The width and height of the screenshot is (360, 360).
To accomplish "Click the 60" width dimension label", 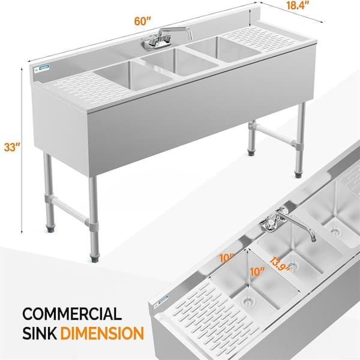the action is [143, 22].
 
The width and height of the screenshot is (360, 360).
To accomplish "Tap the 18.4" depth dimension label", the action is [298, 6].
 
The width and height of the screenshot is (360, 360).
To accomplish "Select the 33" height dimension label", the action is [13, 147].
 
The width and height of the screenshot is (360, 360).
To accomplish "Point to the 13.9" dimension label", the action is [280, 264].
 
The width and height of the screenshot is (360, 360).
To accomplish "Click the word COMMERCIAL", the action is [72, 314].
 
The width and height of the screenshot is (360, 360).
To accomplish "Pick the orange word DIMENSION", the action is [102, 333].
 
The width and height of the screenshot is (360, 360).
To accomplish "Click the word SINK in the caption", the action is [40, 333].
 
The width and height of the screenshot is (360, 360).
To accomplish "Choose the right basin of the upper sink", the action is [223, 49].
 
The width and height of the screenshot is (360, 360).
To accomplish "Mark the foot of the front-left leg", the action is [94, 258].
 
